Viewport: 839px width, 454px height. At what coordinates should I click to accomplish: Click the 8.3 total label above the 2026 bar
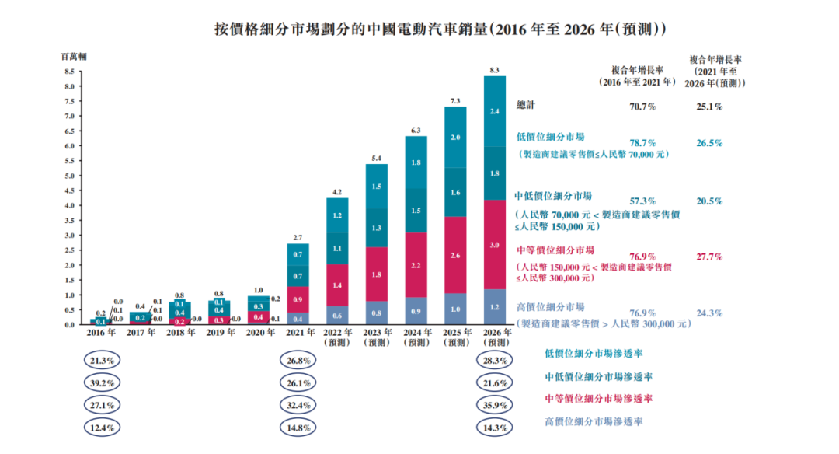click(x=495, y=70)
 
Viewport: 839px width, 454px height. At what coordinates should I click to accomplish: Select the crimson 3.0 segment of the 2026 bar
click(x=495, y=244)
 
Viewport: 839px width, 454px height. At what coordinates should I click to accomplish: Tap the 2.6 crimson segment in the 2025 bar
click(x=455, y=255)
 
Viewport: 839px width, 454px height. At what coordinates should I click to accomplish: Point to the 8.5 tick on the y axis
click(x=68, y=72)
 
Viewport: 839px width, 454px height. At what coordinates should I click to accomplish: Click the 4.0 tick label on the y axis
click(x=68, y=206)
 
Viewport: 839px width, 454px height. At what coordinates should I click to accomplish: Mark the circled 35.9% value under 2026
click(x=494, y=405)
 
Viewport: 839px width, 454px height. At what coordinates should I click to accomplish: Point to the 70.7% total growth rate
click(x=642, y=106)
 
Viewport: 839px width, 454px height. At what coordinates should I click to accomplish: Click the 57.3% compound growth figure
click(x=642, y=201)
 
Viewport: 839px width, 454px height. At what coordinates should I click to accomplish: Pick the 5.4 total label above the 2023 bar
click(x=376, y=159)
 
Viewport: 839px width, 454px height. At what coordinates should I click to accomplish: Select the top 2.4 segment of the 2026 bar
click(x=495, y=112)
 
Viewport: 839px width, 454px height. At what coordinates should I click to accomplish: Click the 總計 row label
click(x=526, y=105)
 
